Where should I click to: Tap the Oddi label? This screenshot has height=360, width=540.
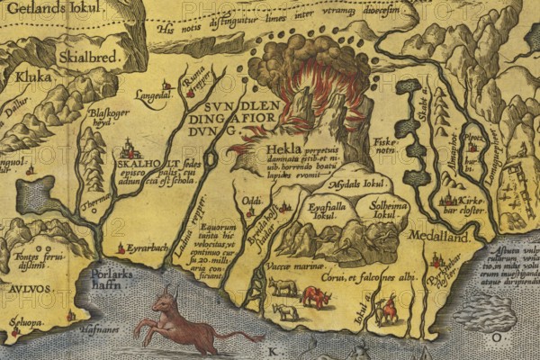253,200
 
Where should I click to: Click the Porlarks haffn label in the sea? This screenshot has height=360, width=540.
117,277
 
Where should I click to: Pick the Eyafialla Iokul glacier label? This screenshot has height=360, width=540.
319,210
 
